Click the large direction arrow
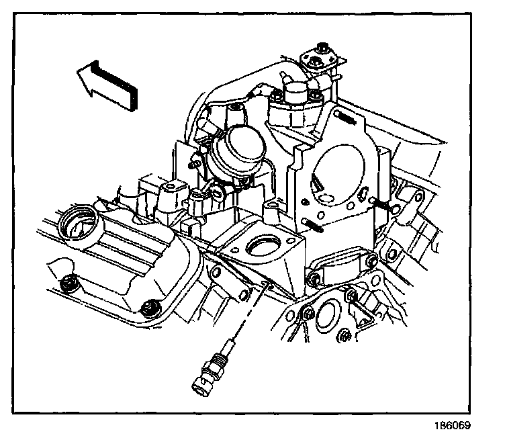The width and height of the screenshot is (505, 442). click(x=107, y=81)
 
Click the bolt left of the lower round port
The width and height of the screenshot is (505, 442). click(x=306, y=314)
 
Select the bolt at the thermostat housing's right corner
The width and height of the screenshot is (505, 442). click(x=314, y=278)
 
